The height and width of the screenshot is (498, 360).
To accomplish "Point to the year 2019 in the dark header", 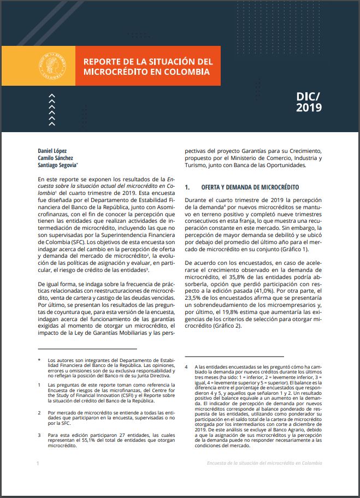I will (x=309, y=108).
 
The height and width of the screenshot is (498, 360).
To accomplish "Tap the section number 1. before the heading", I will (x=187, y=187).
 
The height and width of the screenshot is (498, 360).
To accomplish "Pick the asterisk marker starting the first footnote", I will (x=39, y=360).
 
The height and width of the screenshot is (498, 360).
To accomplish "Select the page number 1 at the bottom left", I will (x=38, y=463).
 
